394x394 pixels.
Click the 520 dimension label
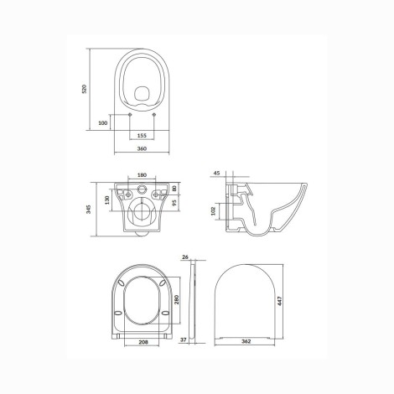tap(85, 89)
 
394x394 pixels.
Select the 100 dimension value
tap(103, 122)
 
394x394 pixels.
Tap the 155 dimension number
tap(142, 136)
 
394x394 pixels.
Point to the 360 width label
tap(142, 148)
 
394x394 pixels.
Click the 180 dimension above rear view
tap(142, 175)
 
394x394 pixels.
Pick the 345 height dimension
tap(89, 209)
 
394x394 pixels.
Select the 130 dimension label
tap(107, 200)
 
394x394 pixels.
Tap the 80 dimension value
tap(174, 188)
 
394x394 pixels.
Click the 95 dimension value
tap(174, 203)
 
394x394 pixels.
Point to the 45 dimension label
tap(216, 173)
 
